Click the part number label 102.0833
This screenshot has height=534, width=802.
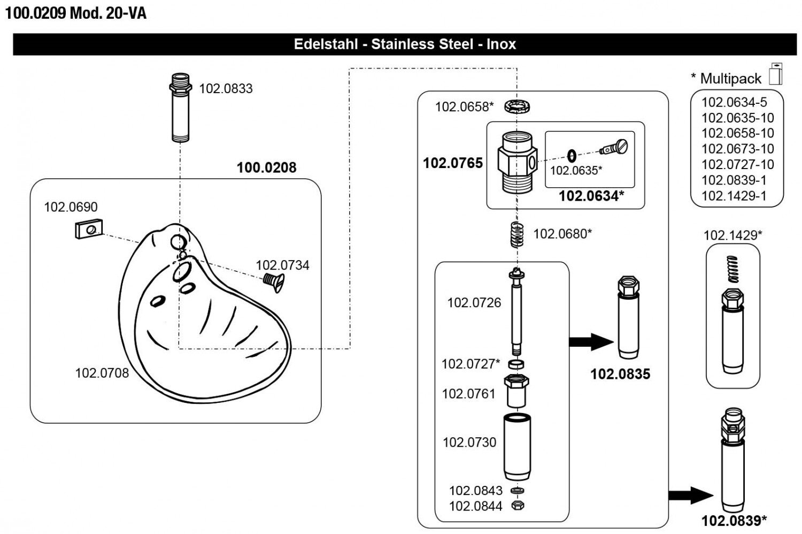[x=226, y=88]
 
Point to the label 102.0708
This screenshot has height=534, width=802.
[x=102, y=373]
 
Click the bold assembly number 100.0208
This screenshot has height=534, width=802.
[x=266, y=167]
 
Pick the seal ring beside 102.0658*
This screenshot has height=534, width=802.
[x=516, y=106]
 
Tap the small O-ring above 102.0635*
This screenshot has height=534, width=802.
[x=571, y=156]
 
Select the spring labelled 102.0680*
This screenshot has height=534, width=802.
[x=516, y=234]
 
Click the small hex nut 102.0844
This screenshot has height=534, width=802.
[x=517, y=505]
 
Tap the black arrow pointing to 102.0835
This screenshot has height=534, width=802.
[x=590, y=341]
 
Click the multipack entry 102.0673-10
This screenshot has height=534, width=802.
[x=737, y=149]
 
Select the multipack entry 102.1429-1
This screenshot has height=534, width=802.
[x=734, y=196]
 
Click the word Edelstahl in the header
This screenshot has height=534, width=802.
[x=326, y=44]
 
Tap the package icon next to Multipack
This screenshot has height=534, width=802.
[x=775, y=74]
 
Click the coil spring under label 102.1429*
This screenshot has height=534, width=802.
[x=733, y=269]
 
